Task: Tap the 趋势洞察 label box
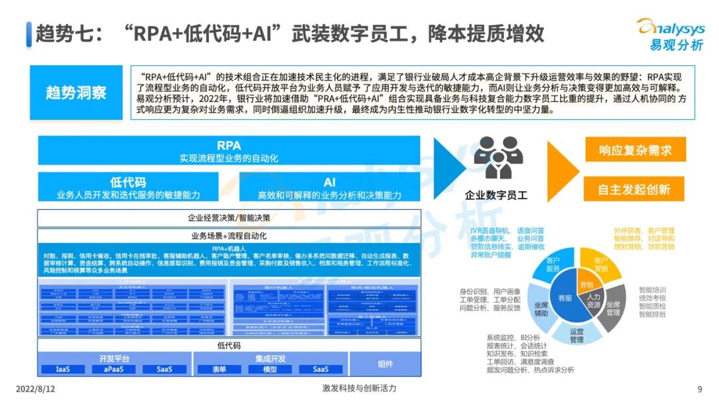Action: [x=76, y=93]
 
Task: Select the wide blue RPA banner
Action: [x=228, y=151]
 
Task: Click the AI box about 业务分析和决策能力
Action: [x=330, y=188]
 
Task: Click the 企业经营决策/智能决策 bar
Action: [x=229, y=218]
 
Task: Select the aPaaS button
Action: [x=115, y=369]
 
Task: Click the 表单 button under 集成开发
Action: [x=219, y=369]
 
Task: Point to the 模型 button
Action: [x=270, y=369]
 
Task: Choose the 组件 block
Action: [x=385, y=364]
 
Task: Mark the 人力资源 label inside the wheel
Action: [x=593, y=300]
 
